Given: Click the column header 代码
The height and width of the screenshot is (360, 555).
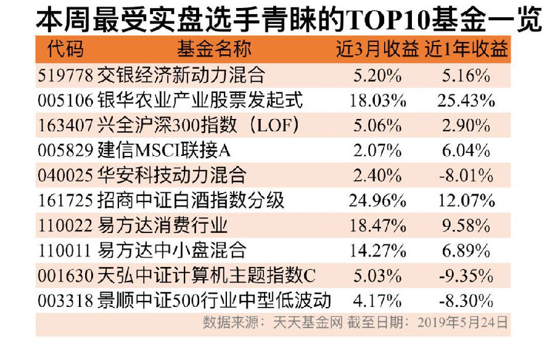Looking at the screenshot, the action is point(65,49).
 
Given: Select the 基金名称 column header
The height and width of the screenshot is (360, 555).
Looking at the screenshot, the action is point(214,49).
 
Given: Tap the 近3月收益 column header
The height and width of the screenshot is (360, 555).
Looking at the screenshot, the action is point(377,49).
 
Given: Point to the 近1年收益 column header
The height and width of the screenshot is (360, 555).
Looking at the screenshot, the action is point(466,49).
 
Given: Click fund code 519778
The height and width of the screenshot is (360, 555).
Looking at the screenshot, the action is point(65,75).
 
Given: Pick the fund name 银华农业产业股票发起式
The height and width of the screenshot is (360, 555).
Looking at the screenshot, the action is point(200,100).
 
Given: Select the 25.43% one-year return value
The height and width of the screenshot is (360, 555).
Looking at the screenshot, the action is point(466,100).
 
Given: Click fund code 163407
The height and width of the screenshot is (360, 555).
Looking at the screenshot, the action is point(65,125).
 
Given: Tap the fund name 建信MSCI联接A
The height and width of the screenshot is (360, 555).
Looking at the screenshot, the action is point(164,150).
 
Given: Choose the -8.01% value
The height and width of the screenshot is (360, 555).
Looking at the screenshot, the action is point(466,176).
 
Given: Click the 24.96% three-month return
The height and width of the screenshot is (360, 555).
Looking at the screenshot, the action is point(377,201).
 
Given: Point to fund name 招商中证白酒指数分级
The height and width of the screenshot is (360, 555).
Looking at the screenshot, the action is point(191,200).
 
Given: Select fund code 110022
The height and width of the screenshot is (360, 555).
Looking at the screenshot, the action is point(65,226).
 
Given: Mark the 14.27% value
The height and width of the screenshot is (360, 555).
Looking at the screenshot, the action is point(377,251).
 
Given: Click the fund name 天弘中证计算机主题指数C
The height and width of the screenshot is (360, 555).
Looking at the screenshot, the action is point(207,276).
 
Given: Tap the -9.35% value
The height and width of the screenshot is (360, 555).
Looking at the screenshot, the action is point(466,276).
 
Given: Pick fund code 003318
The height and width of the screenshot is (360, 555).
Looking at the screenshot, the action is point(65,301).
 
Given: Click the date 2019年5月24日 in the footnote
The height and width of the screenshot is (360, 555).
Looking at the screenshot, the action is point(462,322).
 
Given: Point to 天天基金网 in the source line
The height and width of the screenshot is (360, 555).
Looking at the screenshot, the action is point(308,322).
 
